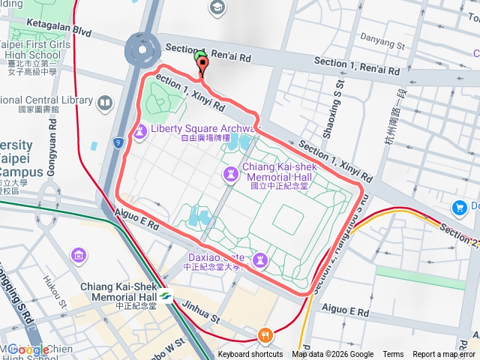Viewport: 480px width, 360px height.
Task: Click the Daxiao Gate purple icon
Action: pyautogui.click(x=260, y=259)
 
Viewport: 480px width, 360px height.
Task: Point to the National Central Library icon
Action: pyautogui.click(x=105, y=101)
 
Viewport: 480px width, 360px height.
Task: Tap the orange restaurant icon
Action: pyautogui.click(x=263, y=335)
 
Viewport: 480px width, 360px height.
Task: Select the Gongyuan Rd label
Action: pyautogui.click(x=52, y=154)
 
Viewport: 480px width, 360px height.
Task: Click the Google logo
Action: pyautogui.click(x=28, y=349)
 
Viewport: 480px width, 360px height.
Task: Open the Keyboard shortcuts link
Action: pyautogui.click(x=250, y=355)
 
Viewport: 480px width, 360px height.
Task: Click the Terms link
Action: pyautogui.click(x=393, y=355)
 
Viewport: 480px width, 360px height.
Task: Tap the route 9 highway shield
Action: pyautogui.click(x=118, y=142)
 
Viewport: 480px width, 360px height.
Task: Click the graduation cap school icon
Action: pyautogui.click(x=217, y=8)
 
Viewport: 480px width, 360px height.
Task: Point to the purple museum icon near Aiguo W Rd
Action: pyautogui.click(x=79, y=256)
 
